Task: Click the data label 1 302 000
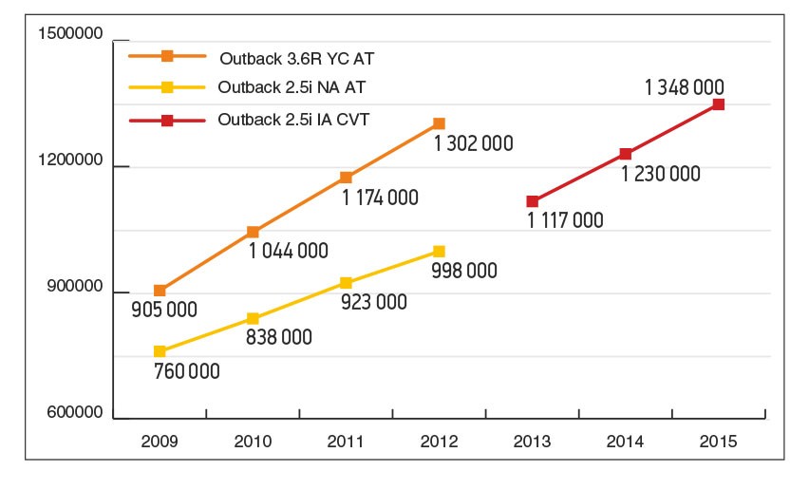point(473,144)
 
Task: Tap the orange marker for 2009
point(160,291)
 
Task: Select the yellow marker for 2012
point(439,252)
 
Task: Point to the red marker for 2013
point(532,201)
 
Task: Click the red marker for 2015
point(718,104)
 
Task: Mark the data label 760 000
point(186,370)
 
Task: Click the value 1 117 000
point(565,221)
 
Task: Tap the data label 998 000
point(464,272)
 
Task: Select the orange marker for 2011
point(346,178)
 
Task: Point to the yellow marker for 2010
point(253,319)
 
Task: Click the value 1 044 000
point(289,252)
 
